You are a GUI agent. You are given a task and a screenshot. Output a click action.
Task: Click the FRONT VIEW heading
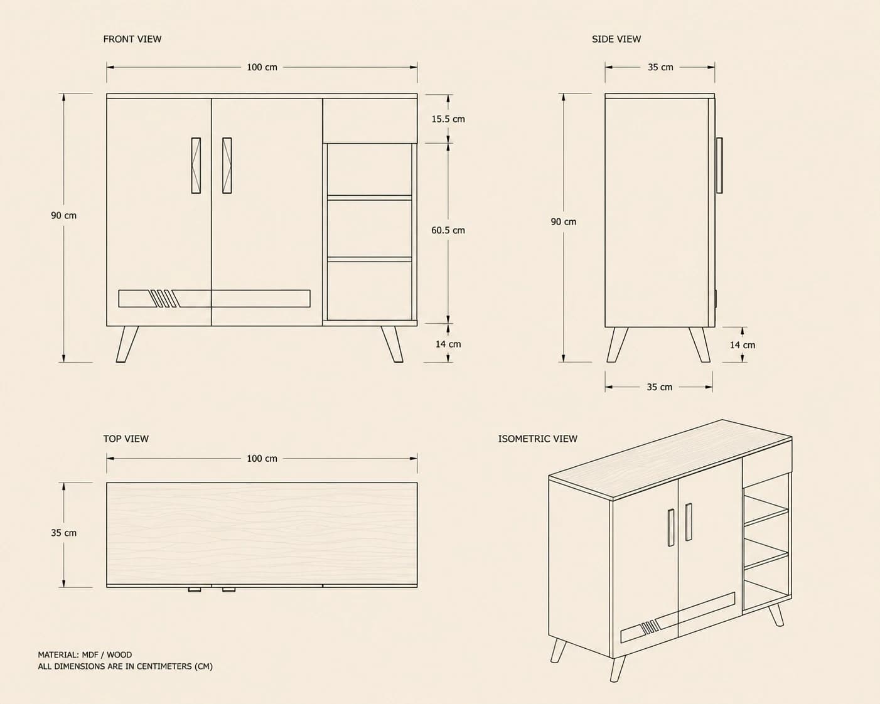132,40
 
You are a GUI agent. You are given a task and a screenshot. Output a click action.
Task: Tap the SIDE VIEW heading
616,40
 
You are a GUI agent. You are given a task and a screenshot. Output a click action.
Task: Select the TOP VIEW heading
126,439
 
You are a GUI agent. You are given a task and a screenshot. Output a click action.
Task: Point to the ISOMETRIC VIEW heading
538,439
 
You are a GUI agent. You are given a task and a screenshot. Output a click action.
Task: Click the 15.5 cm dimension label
448,119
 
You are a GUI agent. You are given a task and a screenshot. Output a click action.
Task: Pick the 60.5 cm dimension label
448,230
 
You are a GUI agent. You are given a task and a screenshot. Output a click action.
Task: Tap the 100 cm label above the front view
262,68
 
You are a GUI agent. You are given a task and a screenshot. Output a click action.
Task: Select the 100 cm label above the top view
262,459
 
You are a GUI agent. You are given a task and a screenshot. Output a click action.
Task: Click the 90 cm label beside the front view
64,215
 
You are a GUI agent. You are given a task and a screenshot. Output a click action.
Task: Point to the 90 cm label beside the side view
564,221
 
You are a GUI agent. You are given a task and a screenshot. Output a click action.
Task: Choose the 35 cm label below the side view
660,387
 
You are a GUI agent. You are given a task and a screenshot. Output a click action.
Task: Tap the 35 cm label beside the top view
64,533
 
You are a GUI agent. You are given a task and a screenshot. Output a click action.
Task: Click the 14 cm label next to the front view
448,344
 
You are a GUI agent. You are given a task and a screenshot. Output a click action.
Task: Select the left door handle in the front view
196,166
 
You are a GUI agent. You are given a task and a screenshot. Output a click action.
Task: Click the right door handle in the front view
227,166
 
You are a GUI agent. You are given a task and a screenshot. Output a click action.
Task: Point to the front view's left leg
127,344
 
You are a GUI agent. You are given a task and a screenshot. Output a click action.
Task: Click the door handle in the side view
719,166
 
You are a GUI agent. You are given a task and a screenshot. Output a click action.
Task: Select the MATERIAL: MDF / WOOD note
85,654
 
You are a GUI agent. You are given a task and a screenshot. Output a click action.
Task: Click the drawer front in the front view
370,120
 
